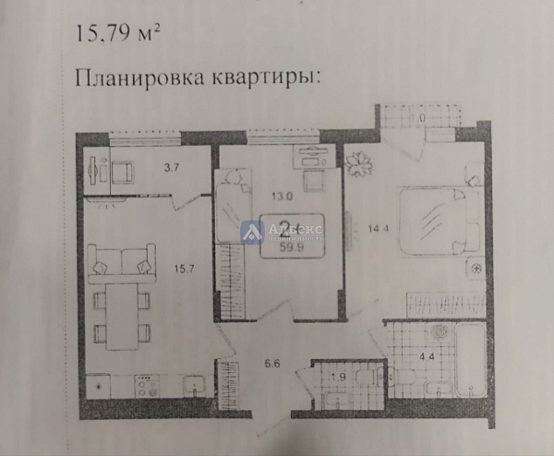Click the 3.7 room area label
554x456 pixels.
click(x=172, y=168)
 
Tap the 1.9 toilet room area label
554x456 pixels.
click(x=338, y=378)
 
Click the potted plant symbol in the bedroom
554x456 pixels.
click(x=361, y=163)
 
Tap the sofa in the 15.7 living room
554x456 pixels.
click(x=122, y=261)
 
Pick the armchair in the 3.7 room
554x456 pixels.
click(x=123, y=172)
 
